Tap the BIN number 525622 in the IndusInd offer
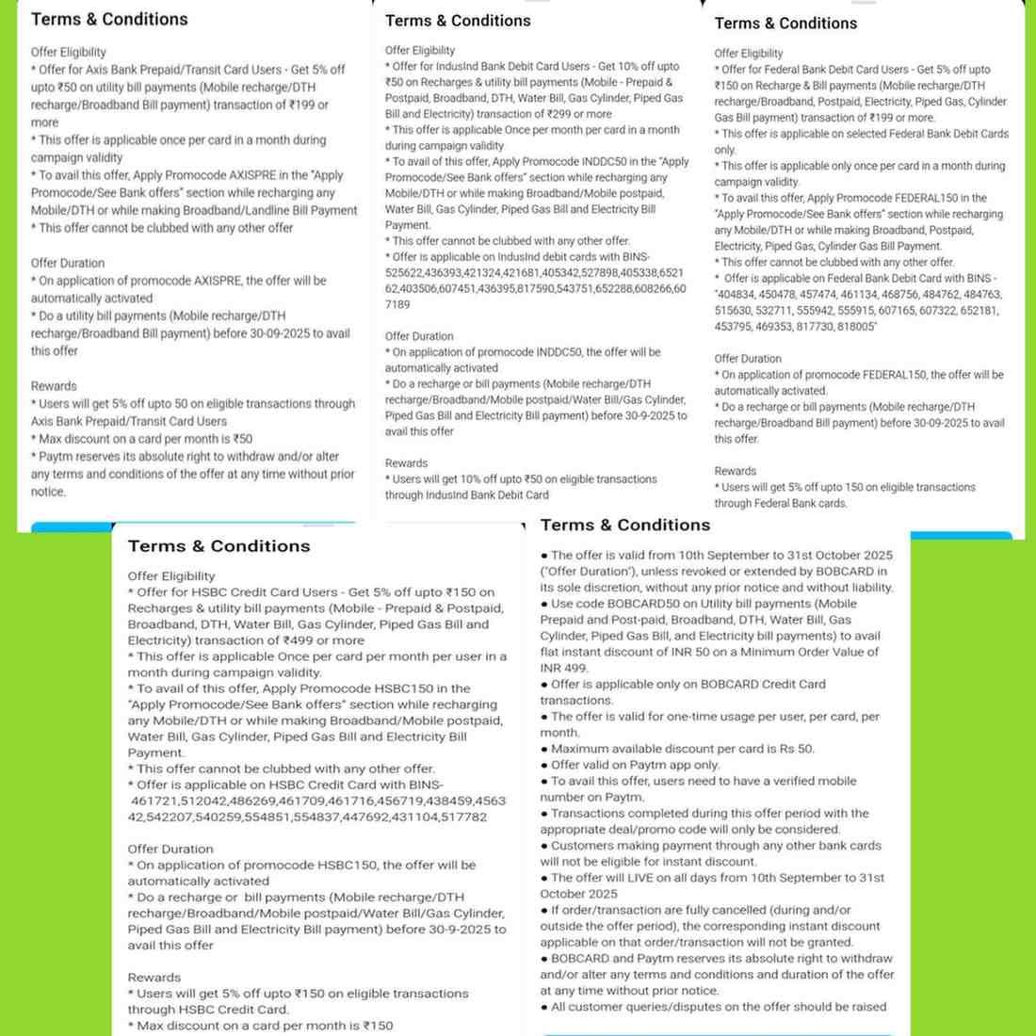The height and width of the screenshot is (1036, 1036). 402,273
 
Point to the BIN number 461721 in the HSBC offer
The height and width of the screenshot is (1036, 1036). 154,801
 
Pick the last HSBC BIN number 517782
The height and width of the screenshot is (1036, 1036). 462,817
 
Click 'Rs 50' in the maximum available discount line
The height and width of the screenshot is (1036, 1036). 795,749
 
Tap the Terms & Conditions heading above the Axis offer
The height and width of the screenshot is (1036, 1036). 109,19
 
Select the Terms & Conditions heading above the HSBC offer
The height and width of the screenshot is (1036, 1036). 219,546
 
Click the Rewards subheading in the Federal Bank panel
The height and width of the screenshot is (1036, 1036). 735,471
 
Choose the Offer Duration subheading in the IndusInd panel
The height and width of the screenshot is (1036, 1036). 419,336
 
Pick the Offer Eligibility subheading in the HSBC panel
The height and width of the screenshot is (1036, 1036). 171,576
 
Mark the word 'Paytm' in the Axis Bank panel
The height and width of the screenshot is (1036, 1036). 57,457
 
